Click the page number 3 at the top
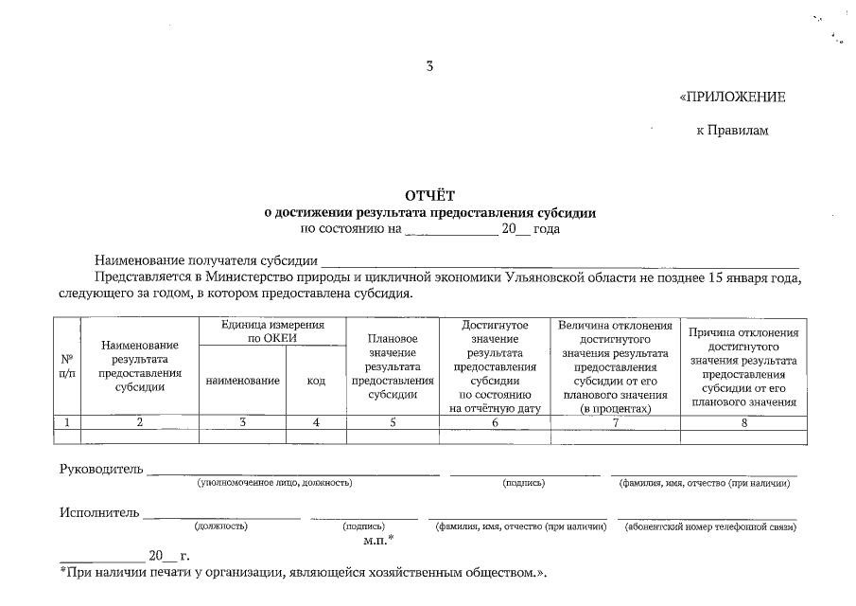click(429, 66)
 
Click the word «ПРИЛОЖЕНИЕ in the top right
click(732, 98)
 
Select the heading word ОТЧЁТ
click(429, 197)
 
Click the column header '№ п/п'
click(67, 366)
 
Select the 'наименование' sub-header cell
click(242, 381)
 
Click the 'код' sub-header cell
click(316, 381)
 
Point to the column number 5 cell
click(392, 423)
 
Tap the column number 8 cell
click(743, 423)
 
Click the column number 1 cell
click(67, 423)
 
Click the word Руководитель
click(101, 470)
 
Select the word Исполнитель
click(99, 513)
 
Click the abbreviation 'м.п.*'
click(378, 540)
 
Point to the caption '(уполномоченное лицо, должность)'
click(274, 484)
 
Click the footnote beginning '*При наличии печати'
click(303, 574)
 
